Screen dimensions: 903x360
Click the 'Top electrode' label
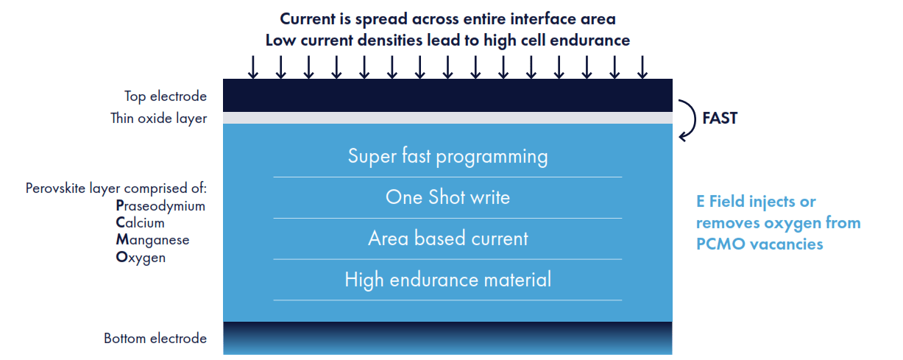(x=166, y=96)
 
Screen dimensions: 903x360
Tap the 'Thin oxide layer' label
(x=158, y=118)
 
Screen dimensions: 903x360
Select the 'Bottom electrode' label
(x=155, y=339)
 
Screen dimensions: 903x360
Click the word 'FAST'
(x=720, y=118)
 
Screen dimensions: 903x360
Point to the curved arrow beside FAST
(x=688, y=119)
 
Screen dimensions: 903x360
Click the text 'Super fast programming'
(x=447, y=157)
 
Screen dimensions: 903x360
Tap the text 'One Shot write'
(x=447, y=197)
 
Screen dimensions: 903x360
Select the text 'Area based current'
(x=447, y=239)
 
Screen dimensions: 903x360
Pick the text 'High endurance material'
(x=447, y=280)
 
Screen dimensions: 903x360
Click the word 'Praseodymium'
(x=160, y=206)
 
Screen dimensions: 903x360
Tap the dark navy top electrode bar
(x=447, y=95)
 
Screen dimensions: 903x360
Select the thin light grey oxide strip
(x=447, y=118)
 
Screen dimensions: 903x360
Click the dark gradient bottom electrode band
(x=447, y=338)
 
